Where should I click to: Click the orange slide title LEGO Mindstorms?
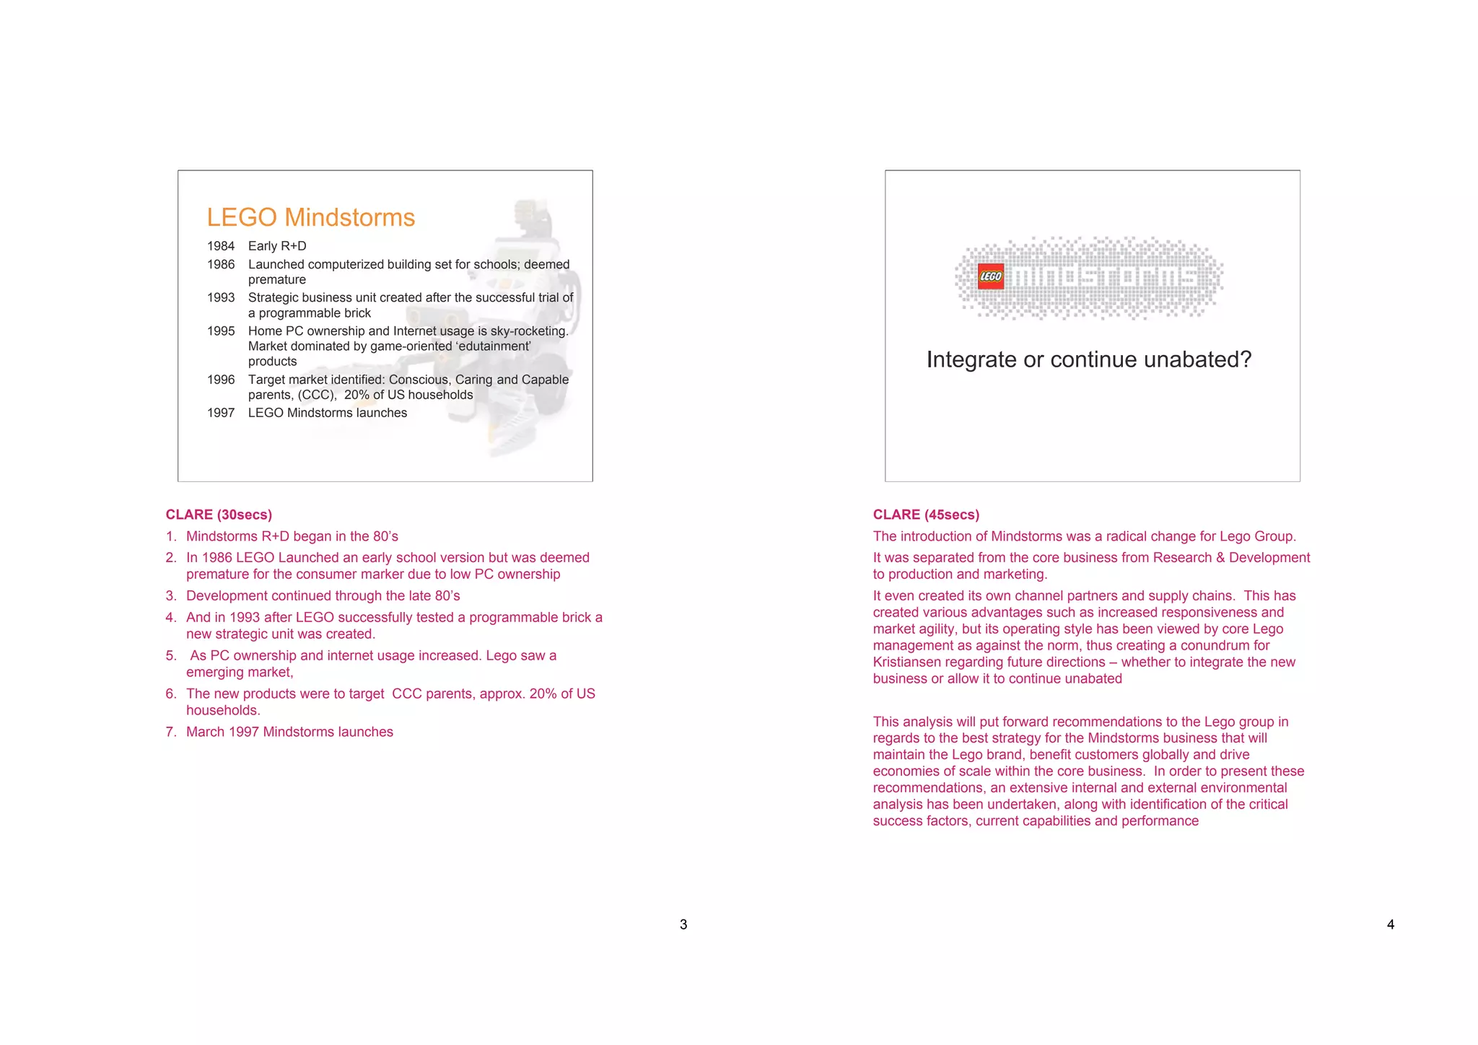point(310,217)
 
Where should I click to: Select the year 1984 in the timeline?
point(221,246)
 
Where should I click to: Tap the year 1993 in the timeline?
point(221,297)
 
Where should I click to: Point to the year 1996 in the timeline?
point(221,380)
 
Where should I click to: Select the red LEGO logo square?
point(990,276)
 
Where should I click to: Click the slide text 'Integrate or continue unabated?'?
point(1088,359)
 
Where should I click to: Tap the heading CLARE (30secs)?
point(219,515)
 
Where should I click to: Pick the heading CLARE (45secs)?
point(926,515)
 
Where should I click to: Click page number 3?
point(683,924)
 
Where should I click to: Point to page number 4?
point(1390,924)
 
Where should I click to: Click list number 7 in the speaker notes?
point(170,732)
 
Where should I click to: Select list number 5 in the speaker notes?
point(170,655)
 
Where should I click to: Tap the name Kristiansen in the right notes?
point(917,662)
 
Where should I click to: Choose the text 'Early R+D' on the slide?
point(277,246)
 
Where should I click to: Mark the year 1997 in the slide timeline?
point(221,413)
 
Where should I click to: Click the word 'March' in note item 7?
point(206,732)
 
